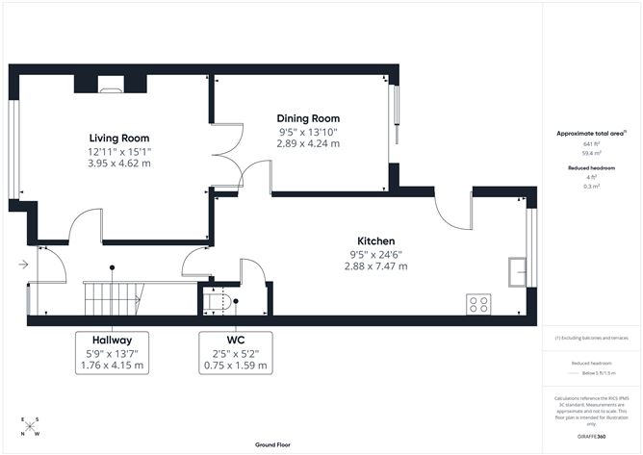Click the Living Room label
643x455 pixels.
tap(119, 138)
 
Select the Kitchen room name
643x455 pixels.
tap(375, 240)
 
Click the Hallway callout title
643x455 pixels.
tap(113, 341)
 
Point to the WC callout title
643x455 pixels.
tap(235, 341)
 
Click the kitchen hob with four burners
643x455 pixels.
tap(478, 304)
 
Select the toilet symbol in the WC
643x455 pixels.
tap(219, 302)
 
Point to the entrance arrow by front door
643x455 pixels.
tap(22, 265)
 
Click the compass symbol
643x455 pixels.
tap(30, 428)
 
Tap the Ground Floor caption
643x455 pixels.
tap(273, 445)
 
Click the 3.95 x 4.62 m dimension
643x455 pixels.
tap(119, 164)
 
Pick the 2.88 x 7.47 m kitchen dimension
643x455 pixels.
tap(375, 265)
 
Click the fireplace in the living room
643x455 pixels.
tap(111, 87)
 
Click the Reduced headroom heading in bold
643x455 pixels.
tap(590, 167)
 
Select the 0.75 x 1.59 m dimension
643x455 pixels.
tap(235, 366)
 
